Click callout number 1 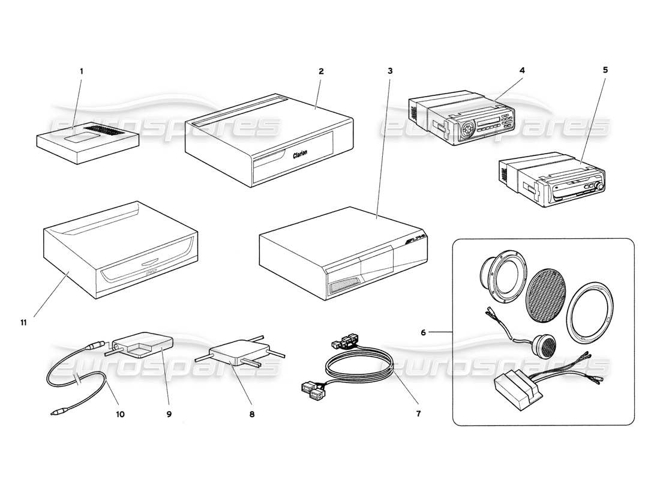pyautogui.click(x=82, y=71)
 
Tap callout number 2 pyautogui.click(x=321, y=71)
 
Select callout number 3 pyautogui.click(x=390, y=71)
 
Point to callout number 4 pyautogui.click(x=522, y=70)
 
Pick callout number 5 pyautogui.click(x=605, y=70)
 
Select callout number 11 pyautogui.click(x=23, y=322)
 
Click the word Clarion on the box pyautogui.click(x=300, y=154)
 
